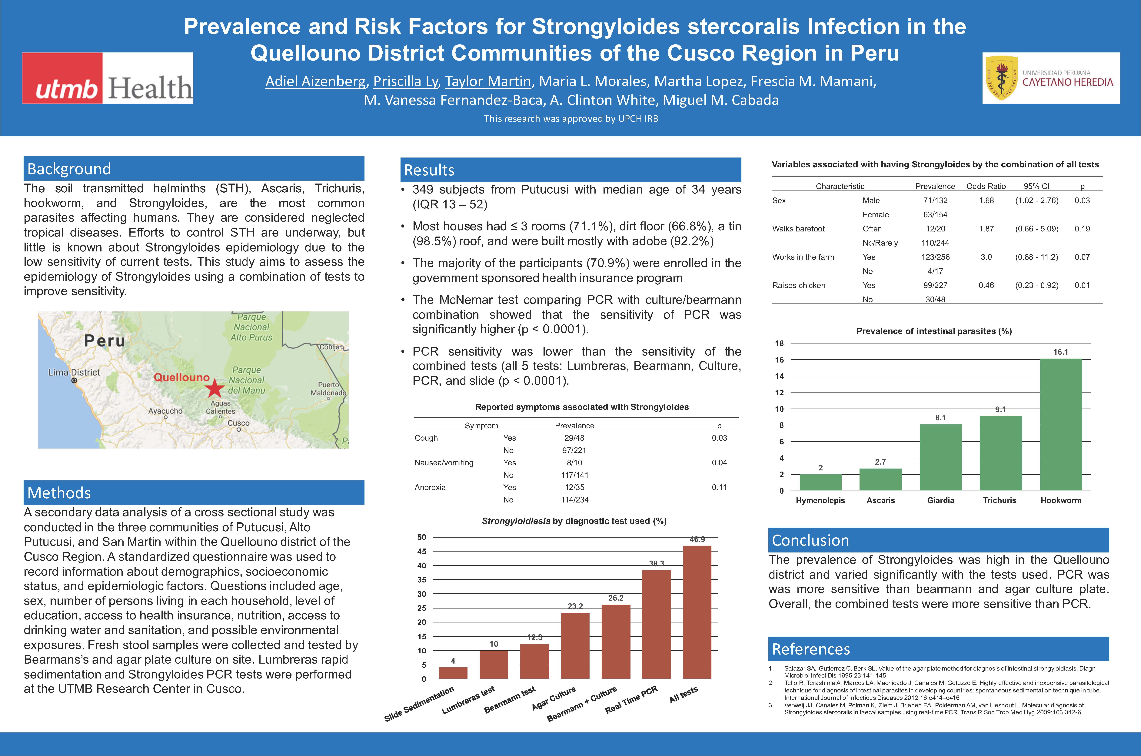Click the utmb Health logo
click(108, 78)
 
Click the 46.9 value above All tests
click(697, 539)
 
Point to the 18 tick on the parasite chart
click(779, 343)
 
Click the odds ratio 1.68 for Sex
click(986, 201)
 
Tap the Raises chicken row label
click(799, 285)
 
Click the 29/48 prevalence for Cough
click(574, 438)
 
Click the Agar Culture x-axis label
click(554, 698)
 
